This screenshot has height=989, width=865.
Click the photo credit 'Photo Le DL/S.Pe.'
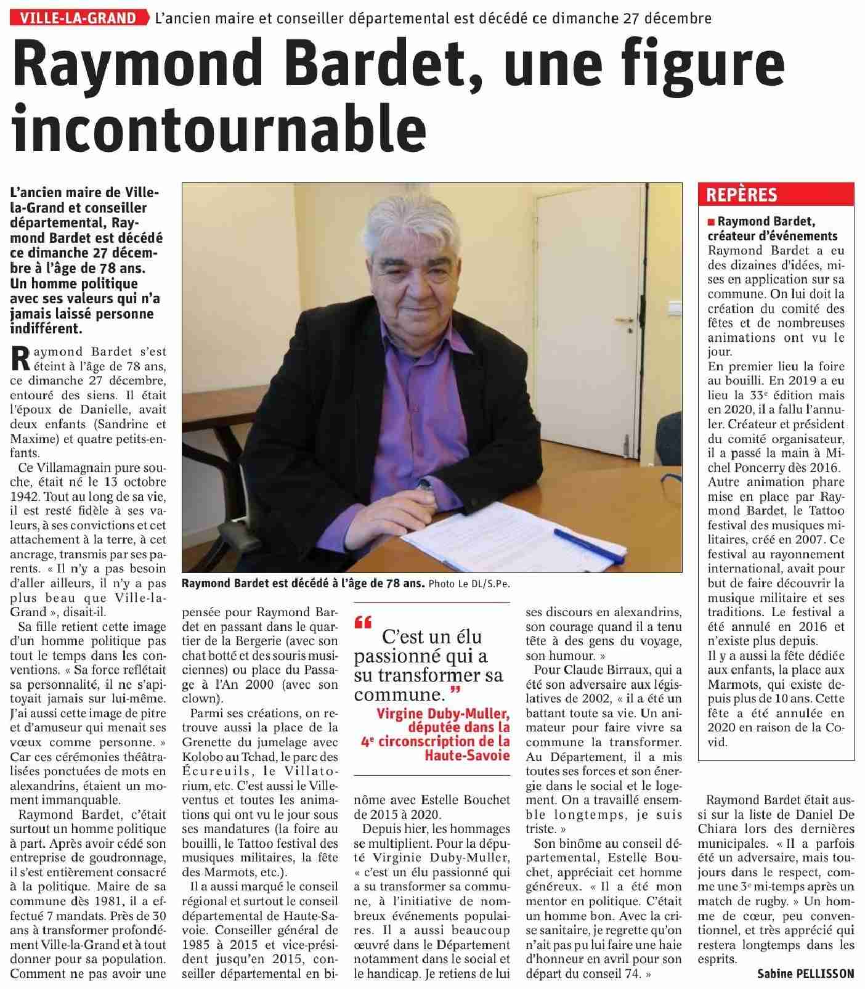pyautogui.click(x=469, y=584)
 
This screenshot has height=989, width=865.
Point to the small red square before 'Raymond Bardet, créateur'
pyautogui.click(x=712, y=221)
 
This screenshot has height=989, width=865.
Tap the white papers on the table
pyautogui.click(x=468, y=530)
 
